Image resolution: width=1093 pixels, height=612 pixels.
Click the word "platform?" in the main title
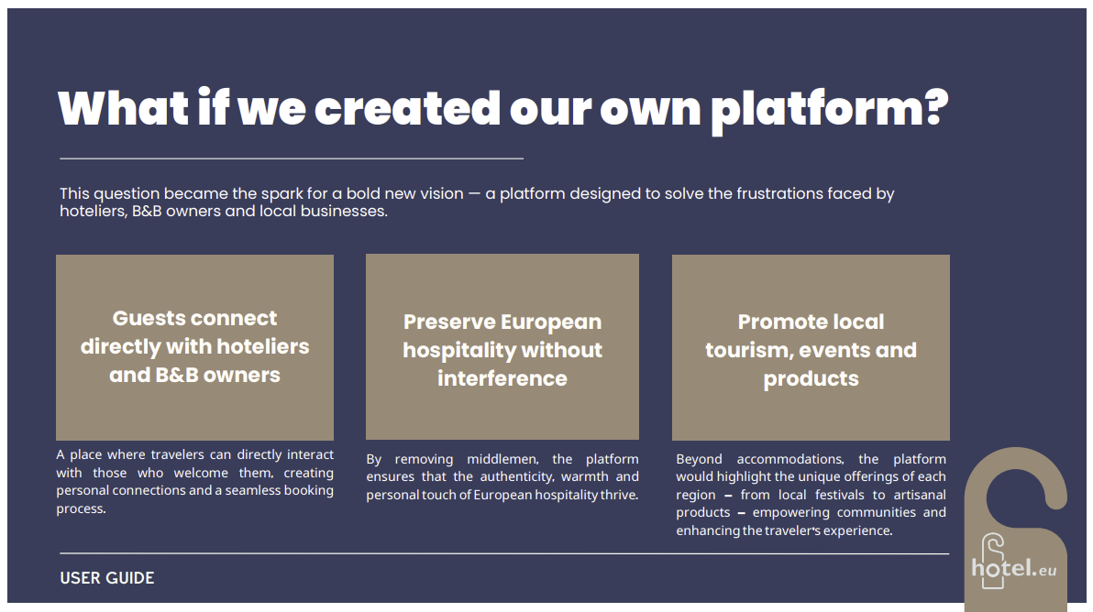830,110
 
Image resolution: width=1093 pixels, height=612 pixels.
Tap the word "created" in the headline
407,109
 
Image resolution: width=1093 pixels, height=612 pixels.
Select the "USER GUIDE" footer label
106,578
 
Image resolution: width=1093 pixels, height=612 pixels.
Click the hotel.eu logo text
1014,569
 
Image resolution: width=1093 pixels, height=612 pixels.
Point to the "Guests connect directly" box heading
194,346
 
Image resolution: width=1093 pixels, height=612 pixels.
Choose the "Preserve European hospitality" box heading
502,350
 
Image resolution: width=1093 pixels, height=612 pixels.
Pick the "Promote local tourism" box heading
811,350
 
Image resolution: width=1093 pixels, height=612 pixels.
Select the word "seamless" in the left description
249,491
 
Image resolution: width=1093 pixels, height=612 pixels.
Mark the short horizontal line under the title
292,158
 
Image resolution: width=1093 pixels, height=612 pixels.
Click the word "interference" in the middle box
502,378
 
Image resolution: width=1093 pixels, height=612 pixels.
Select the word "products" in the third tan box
811,379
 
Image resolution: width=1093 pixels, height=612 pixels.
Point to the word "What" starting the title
124,109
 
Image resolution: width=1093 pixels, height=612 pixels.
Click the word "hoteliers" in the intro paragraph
93,212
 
